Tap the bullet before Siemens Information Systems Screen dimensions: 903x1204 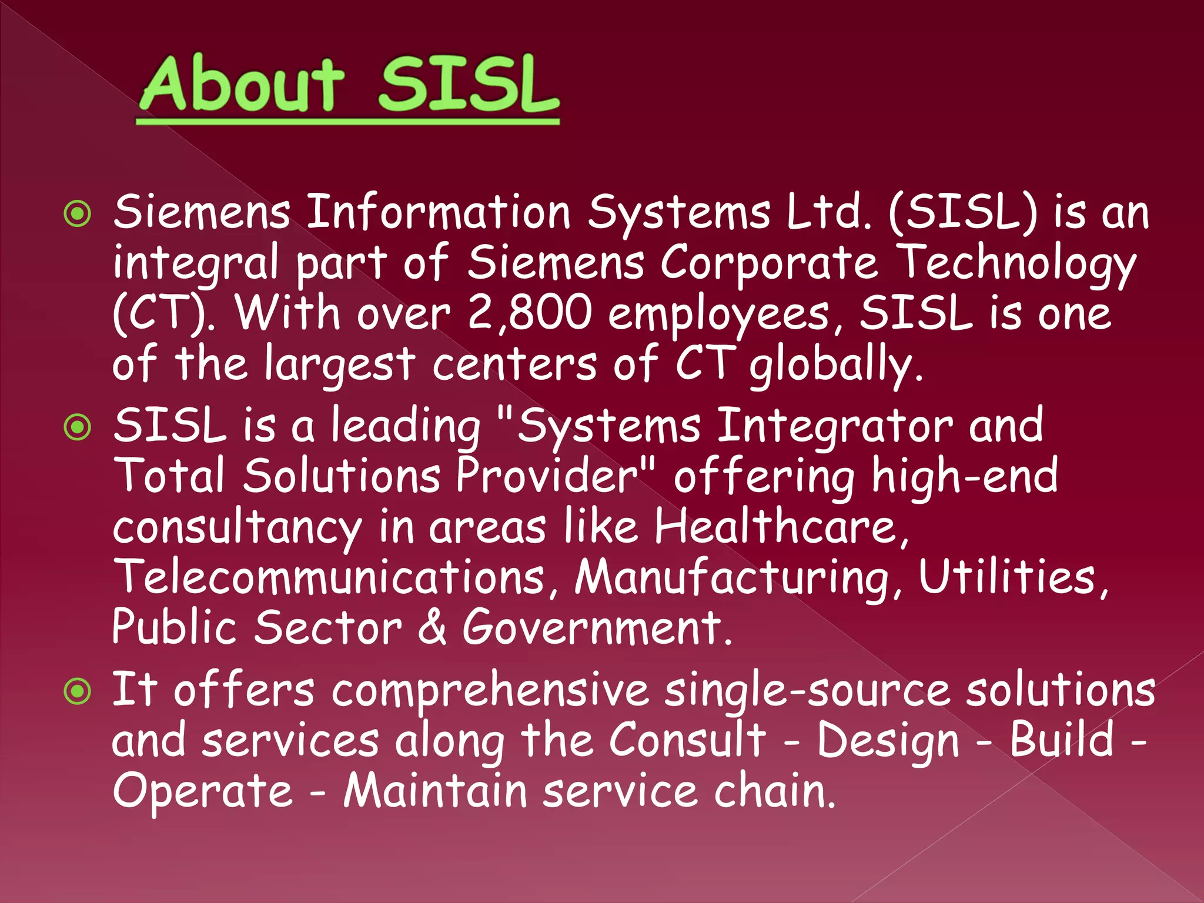pyautogui.click(x=78, y=214)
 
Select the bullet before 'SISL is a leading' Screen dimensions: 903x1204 pyautogui.click(x=78, y=427)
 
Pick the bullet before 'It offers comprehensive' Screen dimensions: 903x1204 pyautogui.click(x=78, y=691)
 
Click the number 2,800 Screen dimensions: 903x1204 pyautogui.click(x=530, y=313)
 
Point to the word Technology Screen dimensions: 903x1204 pyautogui.click(x=1018, y=263)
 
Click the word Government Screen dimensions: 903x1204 pyautogui.click(x=596, y=627)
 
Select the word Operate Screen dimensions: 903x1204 pyautogui.click(x=202, y=791)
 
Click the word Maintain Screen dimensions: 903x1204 pyautogui.click(x=435, y=791)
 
